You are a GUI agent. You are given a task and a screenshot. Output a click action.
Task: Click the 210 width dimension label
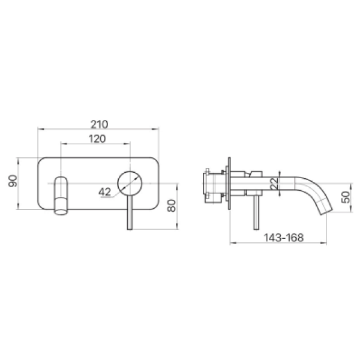pos(99,124)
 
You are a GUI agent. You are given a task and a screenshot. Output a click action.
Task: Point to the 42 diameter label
pos(105,191)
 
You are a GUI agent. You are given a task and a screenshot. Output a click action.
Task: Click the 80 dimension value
pos(172,205)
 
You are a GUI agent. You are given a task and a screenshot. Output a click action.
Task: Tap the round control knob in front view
pos(130,183)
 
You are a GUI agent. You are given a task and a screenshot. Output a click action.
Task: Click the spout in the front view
pos(61,195)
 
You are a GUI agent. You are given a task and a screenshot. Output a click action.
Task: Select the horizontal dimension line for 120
pos(78,144)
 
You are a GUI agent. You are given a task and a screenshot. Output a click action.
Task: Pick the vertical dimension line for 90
pos(19,198)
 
